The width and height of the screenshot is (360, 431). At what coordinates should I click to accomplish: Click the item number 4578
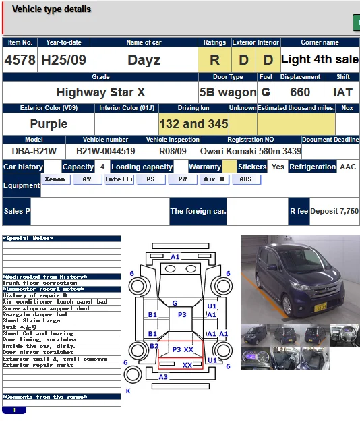(20, 60)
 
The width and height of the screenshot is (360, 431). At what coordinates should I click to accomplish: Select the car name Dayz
(144, 60)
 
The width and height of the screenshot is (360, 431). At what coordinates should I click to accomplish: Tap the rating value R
(214, 60)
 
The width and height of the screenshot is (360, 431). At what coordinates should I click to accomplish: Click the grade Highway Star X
(100, 92)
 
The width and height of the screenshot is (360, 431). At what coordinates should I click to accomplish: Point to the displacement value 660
(300, 92)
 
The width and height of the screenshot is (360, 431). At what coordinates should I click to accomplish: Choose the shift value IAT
(343, 92)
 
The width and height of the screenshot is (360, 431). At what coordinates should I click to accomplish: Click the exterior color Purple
(49, 124)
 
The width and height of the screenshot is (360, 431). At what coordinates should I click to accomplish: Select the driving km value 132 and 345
(193, 124)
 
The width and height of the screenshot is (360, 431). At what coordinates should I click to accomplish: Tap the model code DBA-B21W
(34, 151)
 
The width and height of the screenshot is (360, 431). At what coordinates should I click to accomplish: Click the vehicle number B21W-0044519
(105, 151)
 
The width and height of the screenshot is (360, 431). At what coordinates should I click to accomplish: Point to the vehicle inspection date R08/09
(173, 151)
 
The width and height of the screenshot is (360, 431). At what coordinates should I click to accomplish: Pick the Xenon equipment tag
(55, 179)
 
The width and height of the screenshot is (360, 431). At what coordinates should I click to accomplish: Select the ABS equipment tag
(246, 179)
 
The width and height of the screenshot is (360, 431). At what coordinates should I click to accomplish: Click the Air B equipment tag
(214, 179)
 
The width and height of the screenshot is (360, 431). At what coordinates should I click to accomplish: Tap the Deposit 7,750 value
(334, 211)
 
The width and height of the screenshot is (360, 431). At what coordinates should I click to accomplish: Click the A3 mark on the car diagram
(163, 377)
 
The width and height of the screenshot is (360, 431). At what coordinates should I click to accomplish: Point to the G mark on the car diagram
(175, 304)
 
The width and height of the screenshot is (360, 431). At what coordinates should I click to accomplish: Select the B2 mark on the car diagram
(154, 346)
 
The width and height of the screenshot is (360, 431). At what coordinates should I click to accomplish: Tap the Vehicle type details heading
(51, 9)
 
